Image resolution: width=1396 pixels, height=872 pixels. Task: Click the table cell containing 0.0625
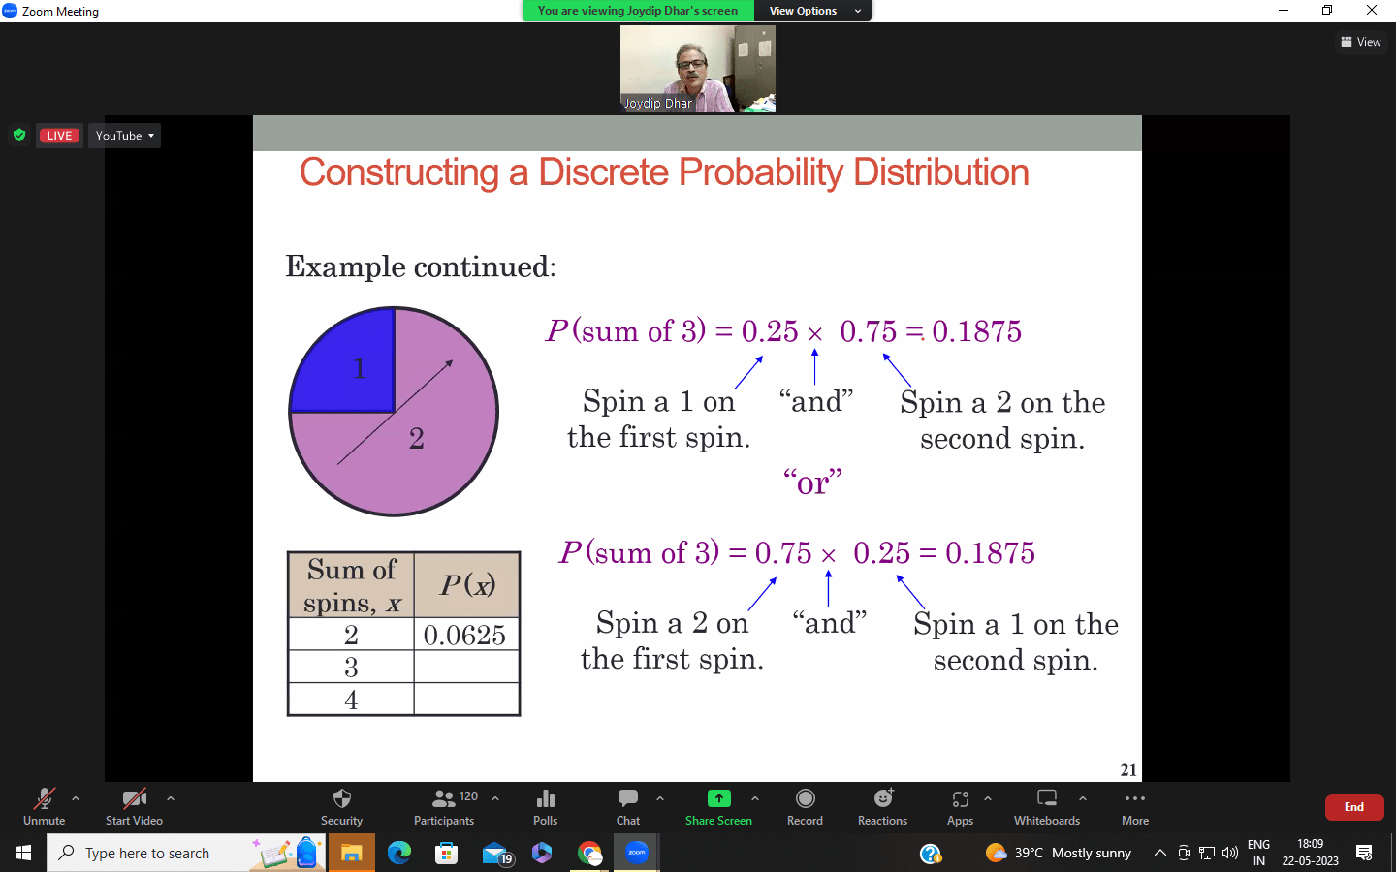coord(466,634)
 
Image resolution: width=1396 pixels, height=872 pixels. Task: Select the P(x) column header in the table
coord(466,585)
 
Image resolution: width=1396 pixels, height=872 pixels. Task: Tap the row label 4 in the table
coord(351,700)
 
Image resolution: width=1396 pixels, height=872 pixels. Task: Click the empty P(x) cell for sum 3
coord(466,667)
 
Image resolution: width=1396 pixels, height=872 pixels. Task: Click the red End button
coord(1353,807)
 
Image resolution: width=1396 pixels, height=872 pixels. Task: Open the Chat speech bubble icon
coord(627,798)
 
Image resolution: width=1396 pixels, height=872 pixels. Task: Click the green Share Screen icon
coord(718,798)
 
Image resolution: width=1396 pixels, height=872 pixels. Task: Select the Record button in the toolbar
coord(805,807)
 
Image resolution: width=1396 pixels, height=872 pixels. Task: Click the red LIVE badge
coord(59,136)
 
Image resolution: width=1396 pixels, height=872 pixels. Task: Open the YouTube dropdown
coord(125,136)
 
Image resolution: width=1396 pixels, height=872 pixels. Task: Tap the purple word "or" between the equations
coord(812,483)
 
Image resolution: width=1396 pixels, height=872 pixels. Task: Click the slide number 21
coord(1128,770)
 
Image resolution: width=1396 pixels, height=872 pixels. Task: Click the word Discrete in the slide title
coord(603,172)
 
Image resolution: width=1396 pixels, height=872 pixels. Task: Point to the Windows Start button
coord(23,853)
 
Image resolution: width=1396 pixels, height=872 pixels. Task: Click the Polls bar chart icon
coord(545,798)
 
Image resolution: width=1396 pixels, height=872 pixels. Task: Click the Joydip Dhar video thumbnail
coord(697,69)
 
